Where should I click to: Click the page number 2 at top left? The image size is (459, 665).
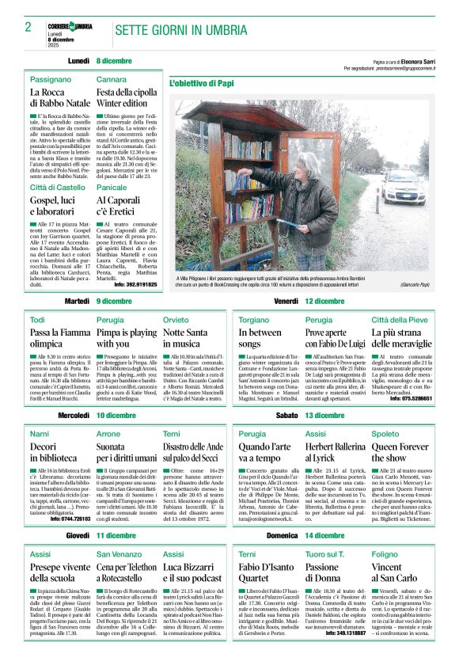[27, 27]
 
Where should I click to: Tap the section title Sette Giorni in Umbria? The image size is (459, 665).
[180, 30]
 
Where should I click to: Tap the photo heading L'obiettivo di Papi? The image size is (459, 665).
[202, 82]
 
